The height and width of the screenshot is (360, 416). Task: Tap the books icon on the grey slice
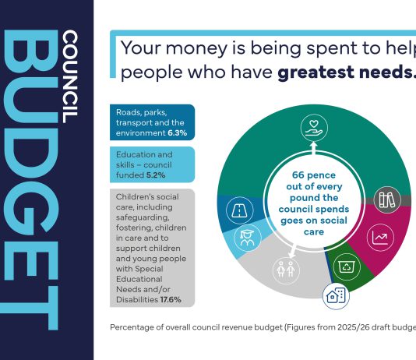[387, 200]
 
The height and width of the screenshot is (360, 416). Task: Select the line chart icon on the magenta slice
[383, 238]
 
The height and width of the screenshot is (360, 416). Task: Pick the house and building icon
[336, 296]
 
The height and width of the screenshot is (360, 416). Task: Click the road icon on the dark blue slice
[238, 209]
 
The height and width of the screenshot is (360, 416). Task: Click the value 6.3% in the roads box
[179, 134]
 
